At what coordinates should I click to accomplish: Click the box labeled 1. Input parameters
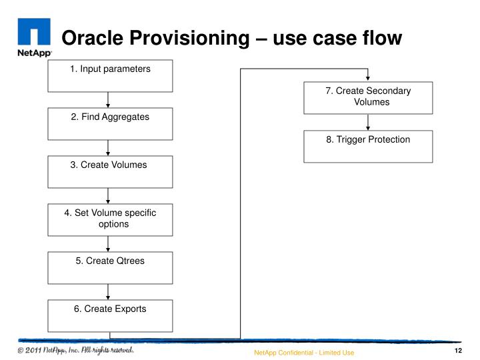coord(110,75)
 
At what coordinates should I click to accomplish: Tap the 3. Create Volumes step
coord(110,171)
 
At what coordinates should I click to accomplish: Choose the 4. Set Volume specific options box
coord(110,219)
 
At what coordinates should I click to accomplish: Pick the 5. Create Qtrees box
coord(110,267)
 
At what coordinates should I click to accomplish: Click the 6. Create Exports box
coord(110,315)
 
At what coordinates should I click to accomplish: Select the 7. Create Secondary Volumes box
coord(368,97)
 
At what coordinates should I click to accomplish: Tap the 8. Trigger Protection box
coord(368,146)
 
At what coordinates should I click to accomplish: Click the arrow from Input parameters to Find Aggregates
coord(108,99)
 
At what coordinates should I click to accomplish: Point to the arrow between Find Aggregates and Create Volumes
coord(108,147)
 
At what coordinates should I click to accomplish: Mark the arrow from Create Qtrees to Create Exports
coord(108,291)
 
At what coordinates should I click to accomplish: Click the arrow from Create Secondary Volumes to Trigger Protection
coord(368,122)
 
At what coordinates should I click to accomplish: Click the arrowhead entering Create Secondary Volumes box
coord(368,79)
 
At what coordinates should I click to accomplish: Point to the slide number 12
coord(458,351)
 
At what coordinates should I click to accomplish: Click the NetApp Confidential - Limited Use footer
coord(303,352)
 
